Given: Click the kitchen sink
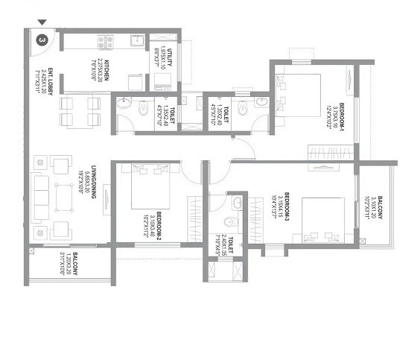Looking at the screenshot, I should point(136,40).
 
